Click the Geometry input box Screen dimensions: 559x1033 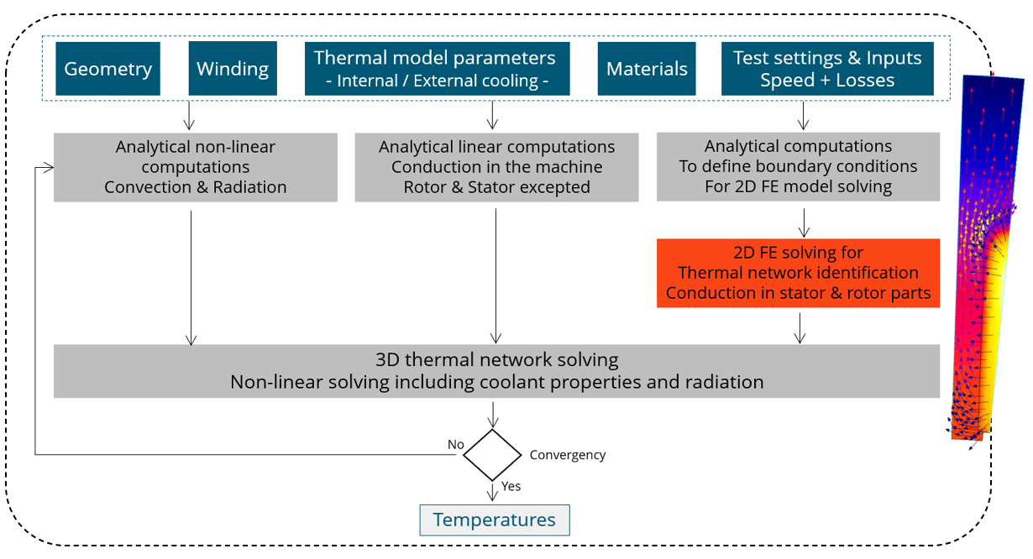point(107,68)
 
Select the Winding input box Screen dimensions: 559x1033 point(233,68)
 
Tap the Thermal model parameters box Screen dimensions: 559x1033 point(434,69)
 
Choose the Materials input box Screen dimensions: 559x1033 point(647,69)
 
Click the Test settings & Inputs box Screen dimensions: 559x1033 point(827,69)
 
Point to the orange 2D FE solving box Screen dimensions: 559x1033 point(798,273)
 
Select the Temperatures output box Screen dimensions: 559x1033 point(495,520)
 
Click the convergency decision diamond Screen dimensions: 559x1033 point(492,455)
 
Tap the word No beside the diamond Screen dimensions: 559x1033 point(456,444)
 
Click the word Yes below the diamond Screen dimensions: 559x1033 point(511,486)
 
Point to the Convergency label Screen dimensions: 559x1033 point(568,455)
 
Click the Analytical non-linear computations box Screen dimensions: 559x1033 point(196,167)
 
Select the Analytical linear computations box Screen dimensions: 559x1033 point(496,167)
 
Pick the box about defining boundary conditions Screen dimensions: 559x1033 point(798,166)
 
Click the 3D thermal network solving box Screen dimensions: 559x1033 point(496,371)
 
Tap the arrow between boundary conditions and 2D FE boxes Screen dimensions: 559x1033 point(805,221)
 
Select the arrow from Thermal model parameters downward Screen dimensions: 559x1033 point(492,115)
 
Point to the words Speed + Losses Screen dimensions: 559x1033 point(827,81)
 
